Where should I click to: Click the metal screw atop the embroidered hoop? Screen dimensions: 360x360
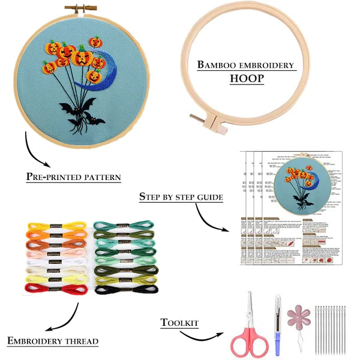click(74, 8)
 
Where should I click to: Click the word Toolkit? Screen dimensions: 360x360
click(179, 323)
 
